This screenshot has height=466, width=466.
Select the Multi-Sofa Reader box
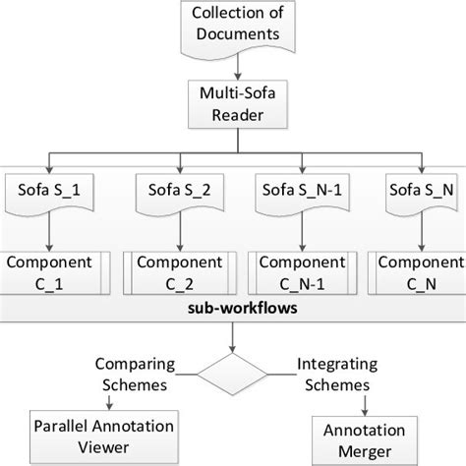click(233, 104)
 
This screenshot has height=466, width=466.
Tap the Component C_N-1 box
click(295, 273)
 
